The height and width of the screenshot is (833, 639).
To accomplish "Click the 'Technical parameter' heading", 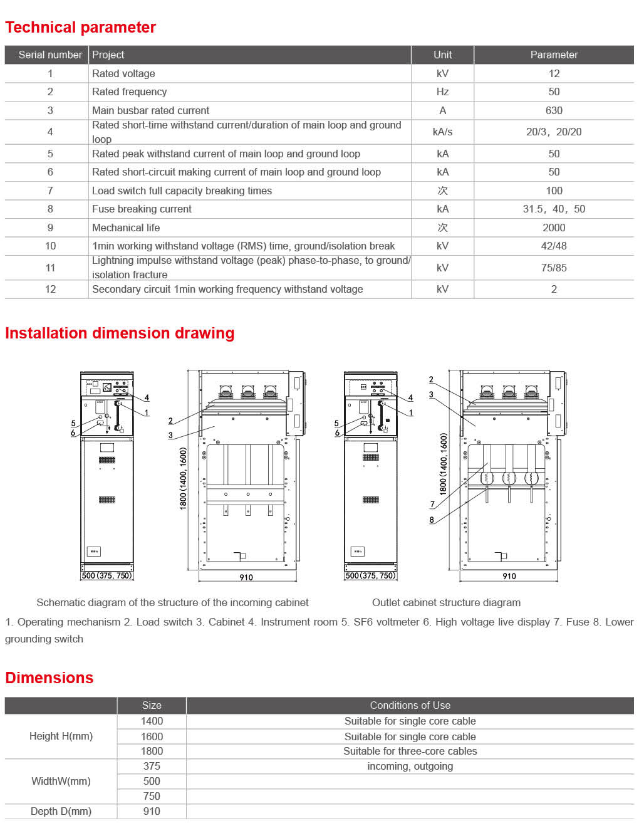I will tap(80, 28).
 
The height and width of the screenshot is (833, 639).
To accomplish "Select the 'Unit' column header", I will tap(442, 55).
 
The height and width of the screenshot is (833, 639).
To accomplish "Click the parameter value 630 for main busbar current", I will tap(554, 110).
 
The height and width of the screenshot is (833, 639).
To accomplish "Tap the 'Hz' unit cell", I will tap(442, 92).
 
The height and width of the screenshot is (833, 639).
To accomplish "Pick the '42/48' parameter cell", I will tap(554, 246).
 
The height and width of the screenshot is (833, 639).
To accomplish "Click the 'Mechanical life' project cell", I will tap(126, 228).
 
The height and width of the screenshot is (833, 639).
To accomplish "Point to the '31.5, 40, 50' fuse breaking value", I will tap(554, 209).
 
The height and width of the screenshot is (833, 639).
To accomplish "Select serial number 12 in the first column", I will tap(50, 289).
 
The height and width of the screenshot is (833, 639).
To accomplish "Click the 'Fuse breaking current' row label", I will tap(142, 209).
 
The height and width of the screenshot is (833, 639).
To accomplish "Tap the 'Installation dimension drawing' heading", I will tap(120, 333).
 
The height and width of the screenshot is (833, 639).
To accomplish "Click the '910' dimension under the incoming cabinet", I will tap(246, 577).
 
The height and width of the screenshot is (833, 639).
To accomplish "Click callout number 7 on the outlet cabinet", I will tap(432, 504).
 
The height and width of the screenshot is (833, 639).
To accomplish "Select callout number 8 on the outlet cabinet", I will tap(432, 520).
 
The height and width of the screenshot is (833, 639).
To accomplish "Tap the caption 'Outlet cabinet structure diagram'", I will tap(446, 602).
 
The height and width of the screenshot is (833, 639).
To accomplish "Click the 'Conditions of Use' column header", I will tap(410, 705).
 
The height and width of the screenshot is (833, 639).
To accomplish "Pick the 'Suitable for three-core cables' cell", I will tap(410, 751).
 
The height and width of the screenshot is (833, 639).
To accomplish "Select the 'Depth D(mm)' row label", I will tap(61, 811).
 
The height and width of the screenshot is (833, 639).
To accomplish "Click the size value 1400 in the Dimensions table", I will tap(152, 721).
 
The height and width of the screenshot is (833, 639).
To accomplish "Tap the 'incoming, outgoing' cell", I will tap(410, 766).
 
